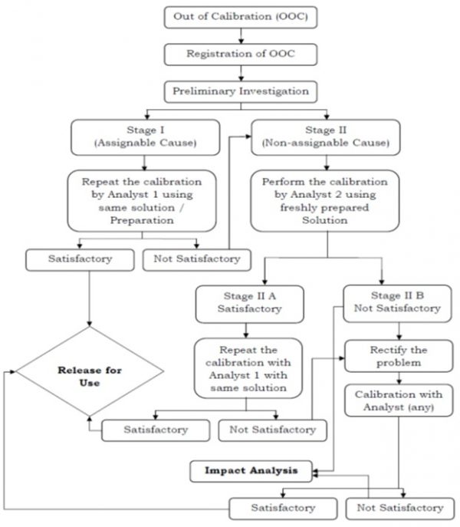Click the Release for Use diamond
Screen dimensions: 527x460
(x=90, y=377)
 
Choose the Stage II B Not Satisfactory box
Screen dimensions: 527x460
(x=396, y=301)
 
